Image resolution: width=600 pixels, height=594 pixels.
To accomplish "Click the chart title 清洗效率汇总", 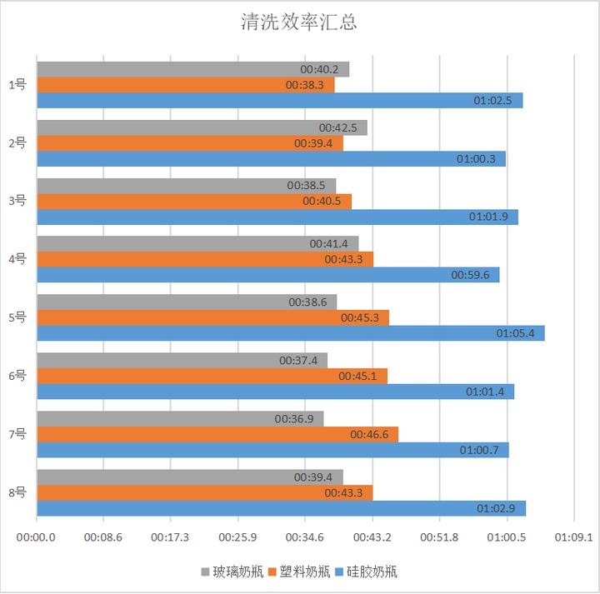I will point(298,22).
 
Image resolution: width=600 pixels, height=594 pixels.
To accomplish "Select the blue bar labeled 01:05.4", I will point(290,333).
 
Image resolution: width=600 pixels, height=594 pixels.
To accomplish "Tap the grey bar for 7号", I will point(180,419).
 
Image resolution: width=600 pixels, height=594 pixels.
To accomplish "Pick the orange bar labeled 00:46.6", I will point(217,434).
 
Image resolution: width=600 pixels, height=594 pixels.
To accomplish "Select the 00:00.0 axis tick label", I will point(37,537).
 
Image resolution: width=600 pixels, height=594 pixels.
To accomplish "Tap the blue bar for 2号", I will point(271,158).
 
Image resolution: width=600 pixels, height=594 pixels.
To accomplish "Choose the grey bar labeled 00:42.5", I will point(202,127).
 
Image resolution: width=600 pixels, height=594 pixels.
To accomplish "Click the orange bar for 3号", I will point(194,202).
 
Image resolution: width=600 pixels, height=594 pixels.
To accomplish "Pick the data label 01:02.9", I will point(496,508).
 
